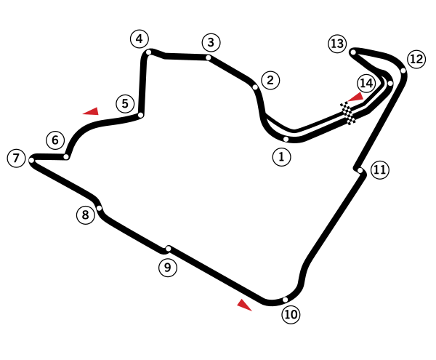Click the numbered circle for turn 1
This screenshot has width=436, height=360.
pos(281,156)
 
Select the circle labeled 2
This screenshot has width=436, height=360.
pos(270,80)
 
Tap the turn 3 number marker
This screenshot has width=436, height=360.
pos(211,42)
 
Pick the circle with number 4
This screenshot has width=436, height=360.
pos(140,39)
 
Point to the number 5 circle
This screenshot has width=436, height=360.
pos(125,103)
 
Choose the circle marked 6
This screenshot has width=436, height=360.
pos(55,140)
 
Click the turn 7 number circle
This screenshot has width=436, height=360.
pos(16,158)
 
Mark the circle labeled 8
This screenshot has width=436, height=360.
pos(86,215)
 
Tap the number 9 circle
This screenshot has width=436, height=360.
pos(168,268)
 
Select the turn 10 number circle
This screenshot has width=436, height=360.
pos(291,314)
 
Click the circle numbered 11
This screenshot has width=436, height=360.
pos(380,169)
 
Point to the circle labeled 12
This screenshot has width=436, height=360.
pos(416,59)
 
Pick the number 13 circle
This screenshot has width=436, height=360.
pos(337,44)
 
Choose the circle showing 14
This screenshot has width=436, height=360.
pos(366,83)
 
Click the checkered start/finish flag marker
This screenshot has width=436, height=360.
pos(347,113)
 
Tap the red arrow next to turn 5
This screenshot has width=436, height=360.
pos(92,112)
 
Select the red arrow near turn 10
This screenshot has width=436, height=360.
pos(244,305)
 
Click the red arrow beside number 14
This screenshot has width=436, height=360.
pos(355,97)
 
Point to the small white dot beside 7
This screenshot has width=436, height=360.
pos(31,160)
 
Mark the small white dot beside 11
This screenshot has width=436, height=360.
pos(360,170)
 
